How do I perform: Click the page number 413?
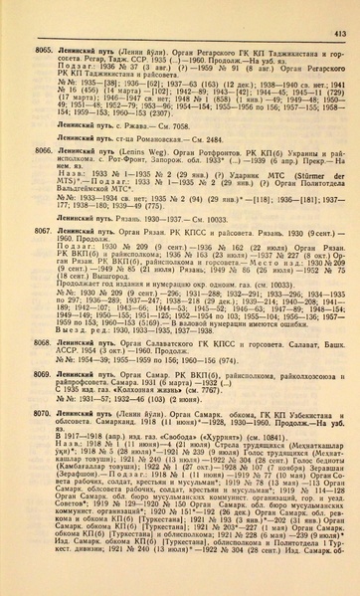[337, 10]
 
